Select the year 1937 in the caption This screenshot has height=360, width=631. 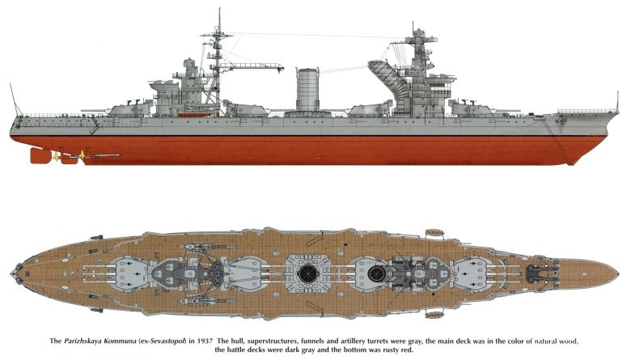205,341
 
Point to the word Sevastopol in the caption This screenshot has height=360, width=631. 167,341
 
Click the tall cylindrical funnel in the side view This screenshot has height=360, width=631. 307,89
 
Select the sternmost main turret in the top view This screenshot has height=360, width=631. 129,273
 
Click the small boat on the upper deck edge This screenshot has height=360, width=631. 434,233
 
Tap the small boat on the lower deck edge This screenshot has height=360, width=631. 434,314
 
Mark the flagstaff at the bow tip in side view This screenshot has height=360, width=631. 617,102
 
